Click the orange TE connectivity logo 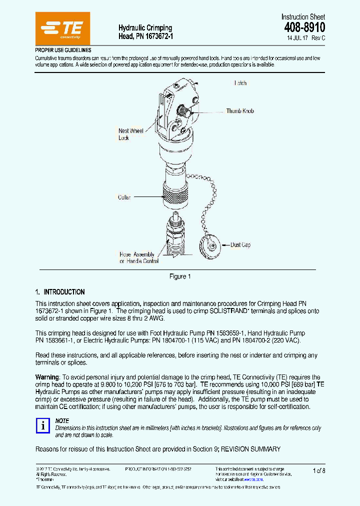pos(62,29)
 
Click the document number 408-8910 pos(304,28)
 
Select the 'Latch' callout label pos(240,83)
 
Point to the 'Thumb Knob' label pos(240,111)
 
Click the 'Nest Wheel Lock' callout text pos(130,134)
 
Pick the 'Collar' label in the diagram pos(124,197)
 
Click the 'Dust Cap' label pos(240,245)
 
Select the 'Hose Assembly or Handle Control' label pos(138,257)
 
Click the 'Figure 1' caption pos(180,276)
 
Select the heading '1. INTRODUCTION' pos(60,292)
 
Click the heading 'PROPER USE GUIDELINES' pos(63,50)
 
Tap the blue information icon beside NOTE pos(43,425)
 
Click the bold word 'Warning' pos(47,377)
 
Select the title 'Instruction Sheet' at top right pos(303,17)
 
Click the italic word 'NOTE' pos(62,421)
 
